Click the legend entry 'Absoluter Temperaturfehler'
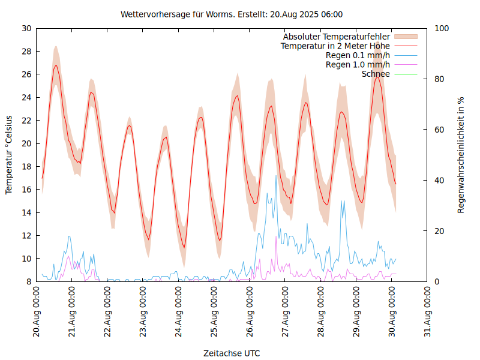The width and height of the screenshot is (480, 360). tap(336, 36)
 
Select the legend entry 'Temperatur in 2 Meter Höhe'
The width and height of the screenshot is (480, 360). tap(335, 46)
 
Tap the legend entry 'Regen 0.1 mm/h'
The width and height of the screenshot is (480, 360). tap(358, 55)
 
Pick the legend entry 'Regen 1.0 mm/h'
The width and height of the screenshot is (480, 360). tap(358, 64)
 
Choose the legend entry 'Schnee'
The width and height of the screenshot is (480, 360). tap(376, 74)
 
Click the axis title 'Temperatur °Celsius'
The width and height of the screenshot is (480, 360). tap(9, 155)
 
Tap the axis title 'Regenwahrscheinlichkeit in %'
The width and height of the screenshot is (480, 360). tap(461, 155)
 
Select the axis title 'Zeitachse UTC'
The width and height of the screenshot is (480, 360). tap(232, 353)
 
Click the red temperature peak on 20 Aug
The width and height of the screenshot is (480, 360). tap(56, 65)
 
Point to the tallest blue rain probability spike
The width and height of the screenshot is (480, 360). tap(276, 176)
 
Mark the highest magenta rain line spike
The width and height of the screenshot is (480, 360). tap(276, 236)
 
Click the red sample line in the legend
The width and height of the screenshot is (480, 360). tap(405, 46)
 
